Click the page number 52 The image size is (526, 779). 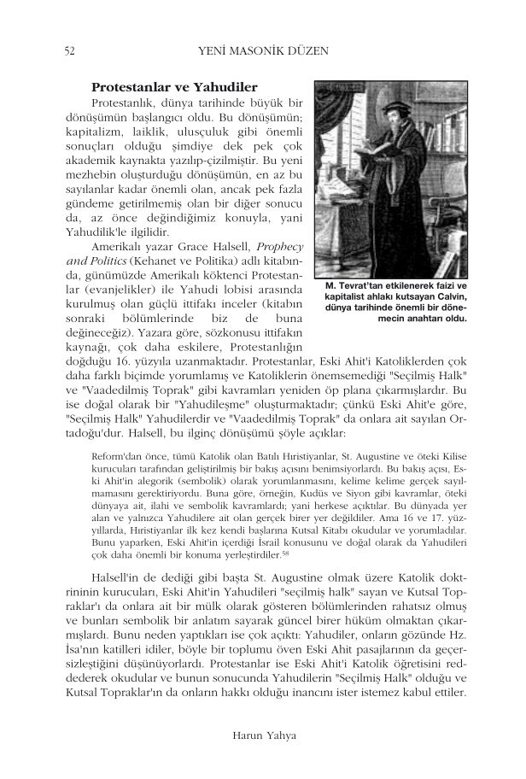69,52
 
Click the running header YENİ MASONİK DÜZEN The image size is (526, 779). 262,52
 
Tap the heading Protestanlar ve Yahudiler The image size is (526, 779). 174,87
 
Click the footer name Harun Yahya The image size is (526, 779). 262,733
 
